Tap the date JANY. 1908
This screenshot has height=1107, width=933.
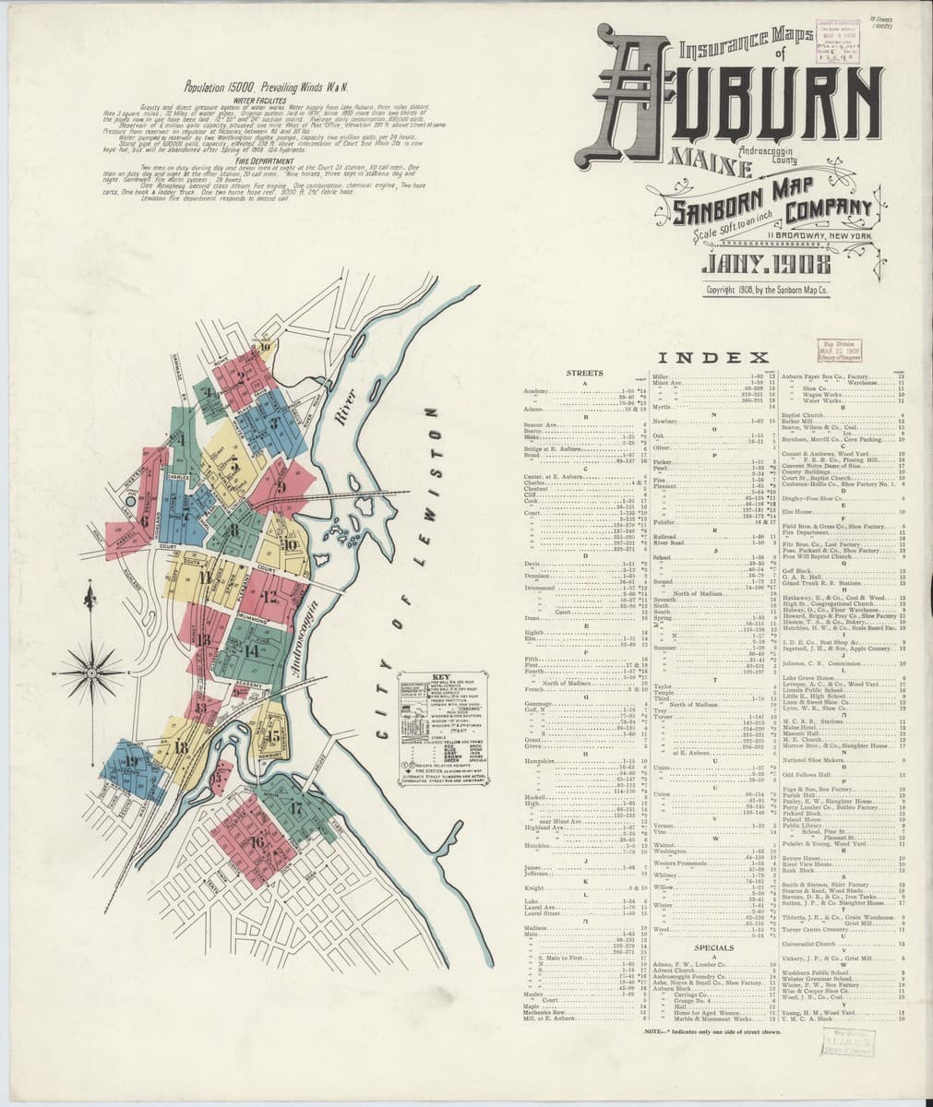(752, 266)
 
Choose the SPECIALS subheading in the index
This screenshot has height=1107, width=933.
(713, 947)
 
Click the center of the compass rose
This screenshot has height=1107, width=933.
(91, 671)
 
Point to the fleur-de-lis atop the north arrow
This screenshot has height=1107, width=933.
(90, 598)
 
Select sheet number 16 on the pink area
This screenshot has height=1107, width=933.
(257, 841)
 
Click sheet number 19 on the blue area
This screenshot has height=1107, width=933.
(133, 762)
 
